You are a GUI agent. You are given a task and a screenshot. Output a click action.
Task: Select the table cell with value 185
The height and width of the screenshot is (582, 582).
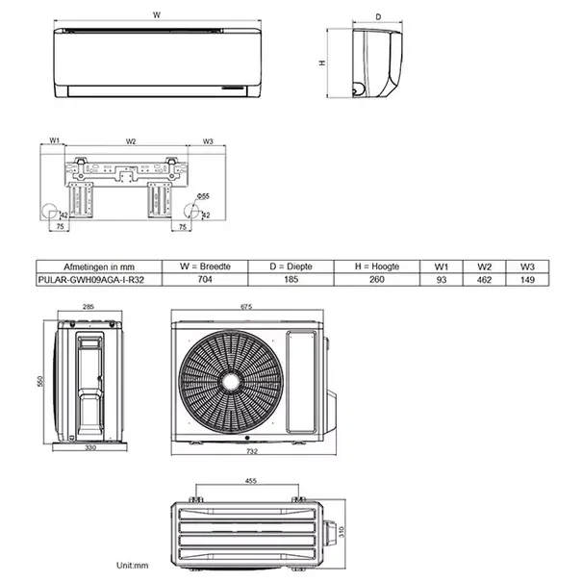click(x=287, y=279)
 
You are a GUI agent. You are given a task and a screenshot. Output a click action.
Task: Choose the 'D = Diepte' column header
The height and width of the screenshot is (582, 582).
click(x=287, y=266)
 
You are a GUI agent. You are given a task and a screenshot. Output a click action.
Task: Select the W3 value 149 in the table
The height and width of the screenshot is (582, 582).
click(x=526, y=279)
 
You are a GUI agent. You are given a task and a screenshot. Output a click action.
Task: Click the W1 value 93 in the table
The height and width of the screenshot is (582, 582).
click(x=442, y=279)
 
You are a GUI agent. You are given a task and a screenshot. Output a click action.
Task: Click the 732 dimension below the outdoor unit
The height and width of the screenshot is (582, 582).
click(x=252, y=450)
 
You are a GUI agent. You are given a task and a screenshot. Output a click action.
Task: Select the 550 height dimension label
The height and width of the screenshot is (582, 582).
click(x=40, y=381)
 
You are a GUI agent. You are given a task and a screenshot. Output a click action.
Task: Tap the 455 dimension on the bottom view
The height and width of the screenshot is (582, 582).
click(x=250, y=481)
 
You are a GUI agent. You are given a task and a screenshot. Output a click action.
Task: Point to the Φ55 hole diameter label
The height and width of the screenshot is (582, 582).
click(x=203, y=196)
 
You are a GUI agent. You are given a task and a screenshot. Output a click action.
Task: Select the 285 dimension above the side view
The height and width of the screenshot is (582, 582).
click(x=88, y=308)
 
